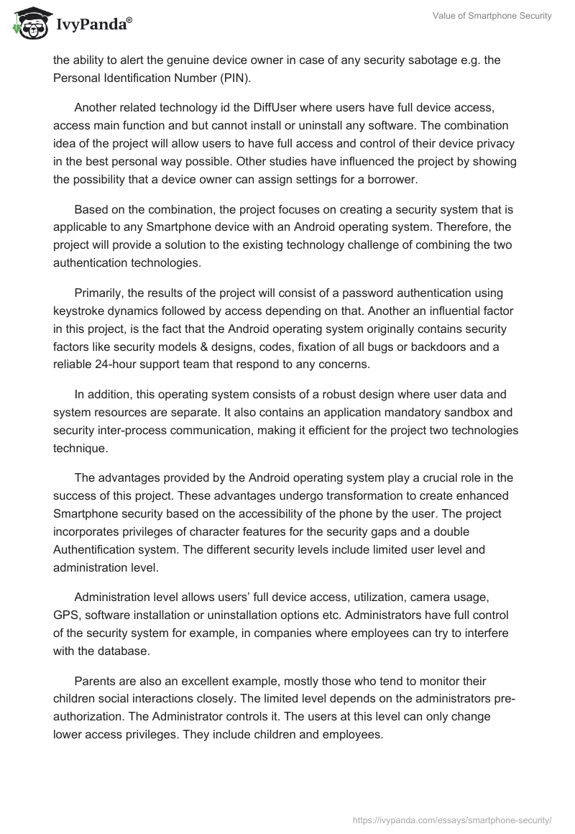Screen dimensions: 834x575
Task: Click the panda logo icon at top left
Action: (x=28, y=23)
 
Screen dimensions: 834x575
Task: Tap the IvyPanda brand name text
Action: (x=93, y=25)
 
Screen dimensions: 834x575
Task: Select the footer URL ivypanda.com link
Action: (x=453, y=819)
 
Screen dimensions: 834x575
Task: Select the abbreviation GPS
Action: (x=65, y=615)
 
